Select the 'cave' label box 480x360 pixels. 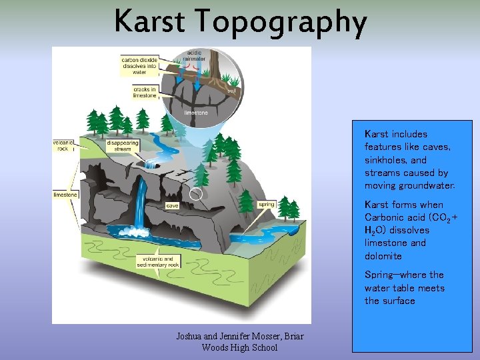tap(172, 206)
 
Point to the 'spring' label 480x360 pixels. tap(267, 205)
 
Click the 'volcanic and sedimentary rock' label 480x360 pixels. tap(159, 262)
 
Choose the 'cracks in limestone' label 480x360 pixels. tap(144, 92)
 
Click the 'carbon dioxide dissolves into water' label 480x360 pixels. tap(139, 65)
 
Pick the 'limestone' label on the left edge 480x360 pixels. tap(65, 195)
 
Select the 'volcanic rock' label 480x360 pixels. tap(65, 145)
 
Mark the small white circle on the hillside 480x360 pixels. tap(195, 195)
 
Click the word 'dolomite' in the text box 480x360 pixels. tap(383, 256)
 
